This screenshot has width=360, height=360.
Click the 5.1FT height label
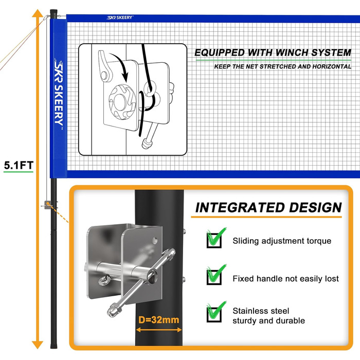point(19,165)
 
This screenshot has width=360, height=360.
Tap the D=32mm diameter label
point(158,319)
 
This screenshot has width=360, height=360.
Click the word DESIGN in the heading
point(315,208)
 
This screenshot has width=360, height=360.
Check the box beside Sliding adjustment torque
point(214,240)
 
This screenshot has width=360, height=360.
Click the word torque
point(319,241)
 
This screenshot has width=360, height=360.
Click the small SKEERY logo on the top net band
point(120,17)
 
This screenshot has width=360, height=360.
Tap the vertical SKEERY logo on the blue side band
point(59,94)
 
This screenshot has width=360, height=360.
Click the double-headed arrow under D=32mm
point(159,330)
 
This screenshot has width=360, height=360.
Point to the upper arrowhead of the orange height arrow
point(38,13)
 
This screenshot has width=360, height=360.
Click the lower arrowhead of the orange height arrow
point(38,345)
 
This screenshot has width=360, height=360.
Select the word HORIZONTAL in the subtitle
point(332,66)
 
